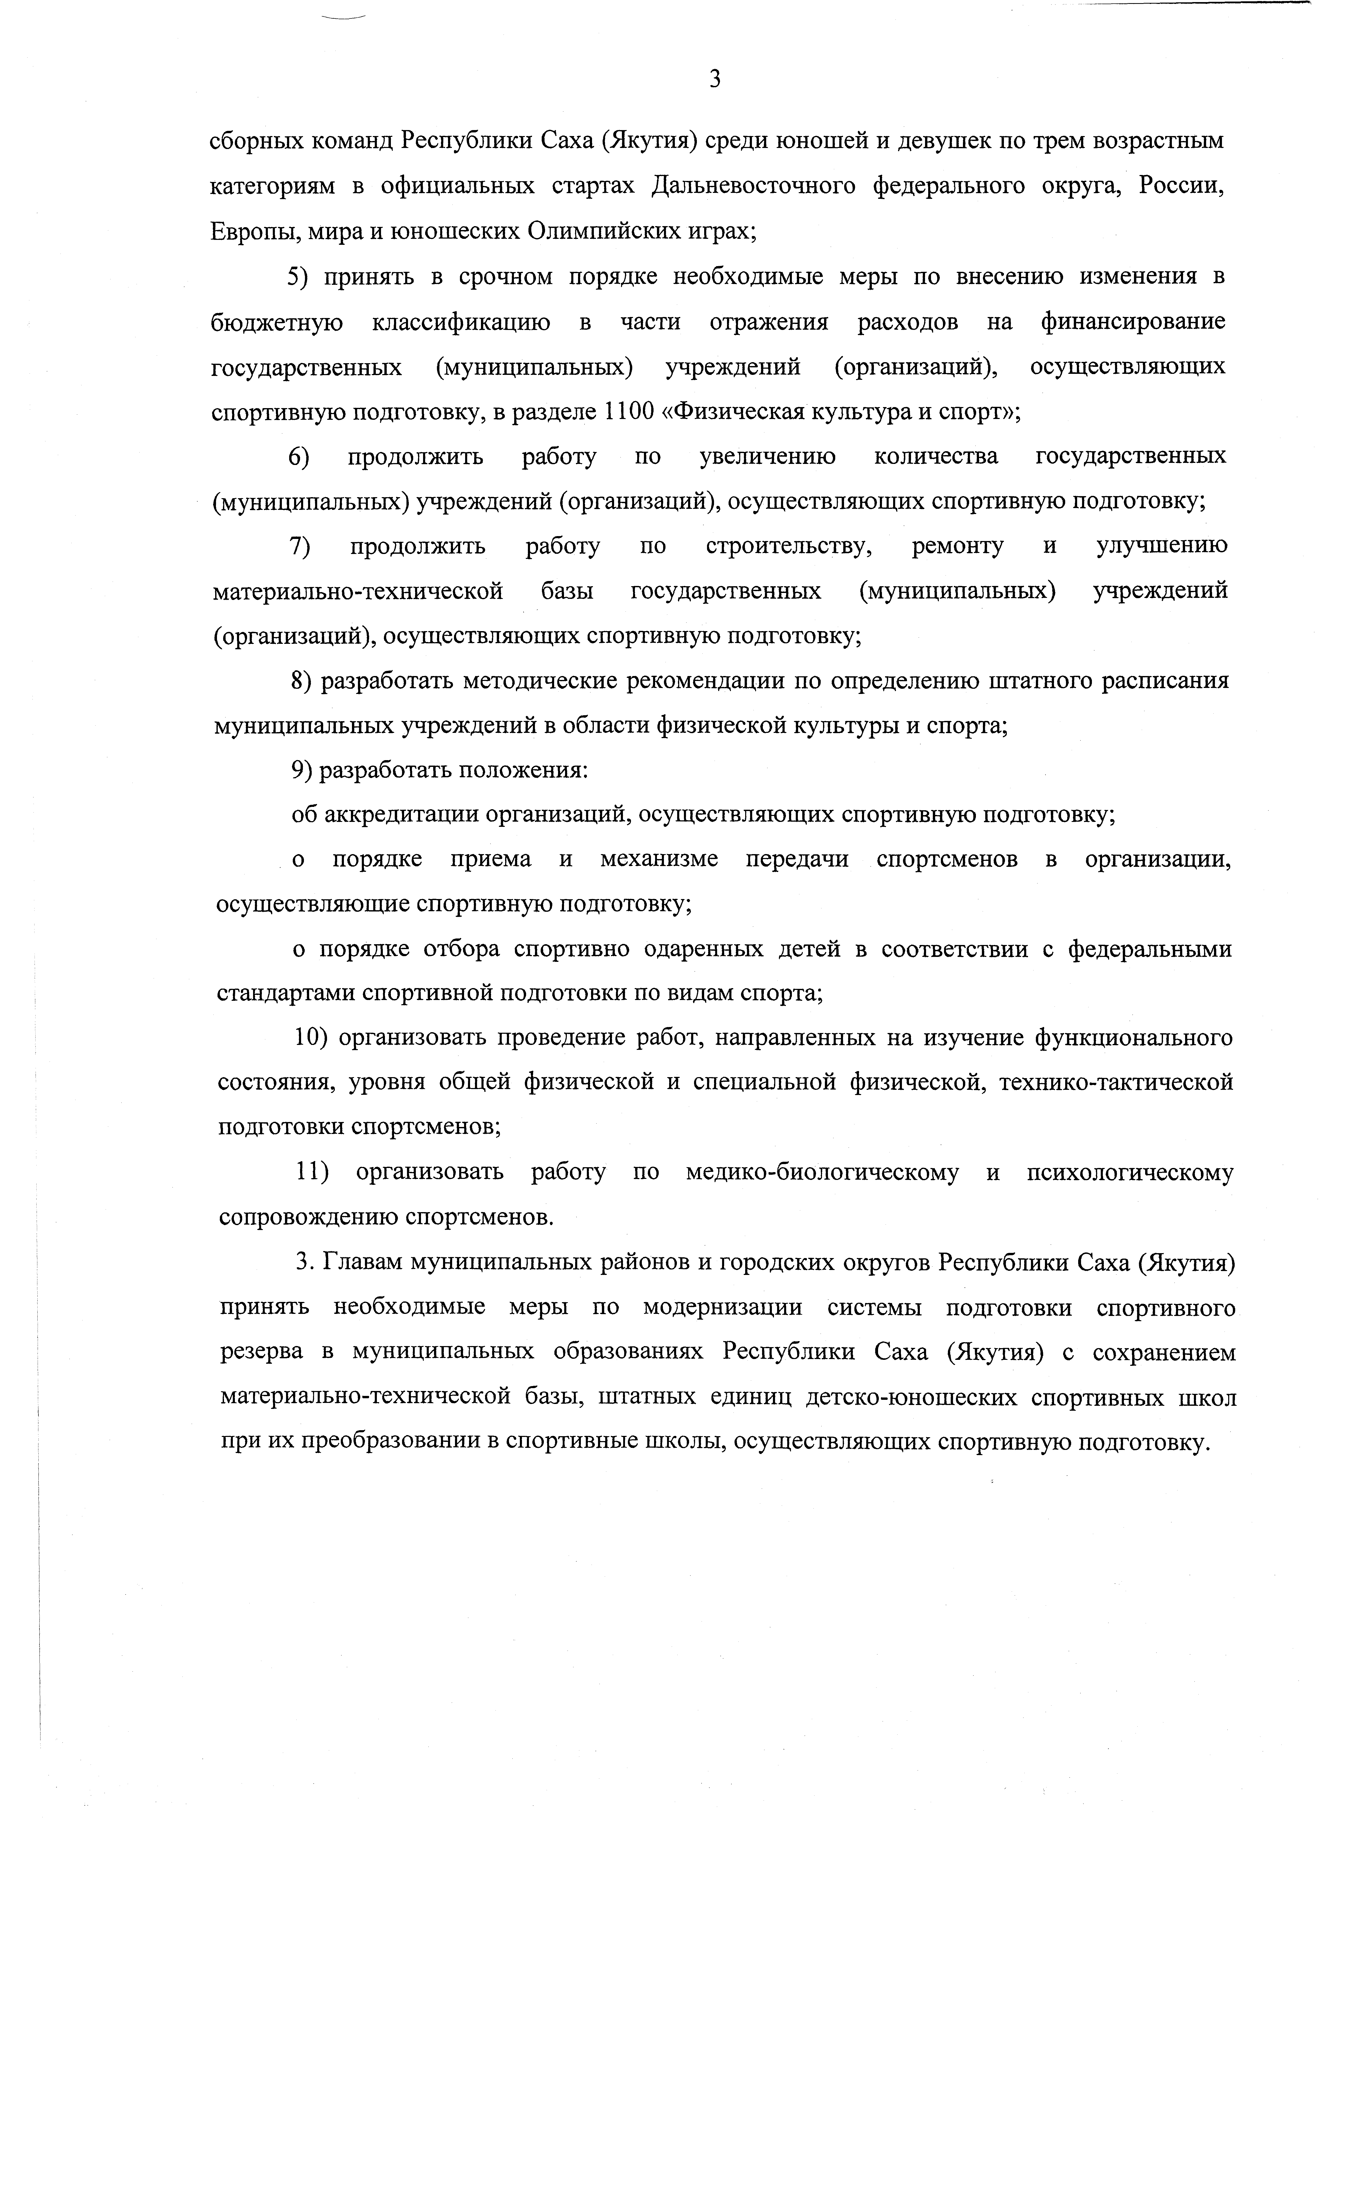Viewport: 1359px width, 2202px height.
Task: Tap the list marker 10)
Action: coord(309,1038)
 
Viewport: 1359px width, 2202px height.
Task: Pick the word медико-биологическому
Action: coord(821,1173)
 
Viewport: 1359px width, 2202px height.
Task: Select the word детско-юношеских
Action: coord(912,1397)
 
